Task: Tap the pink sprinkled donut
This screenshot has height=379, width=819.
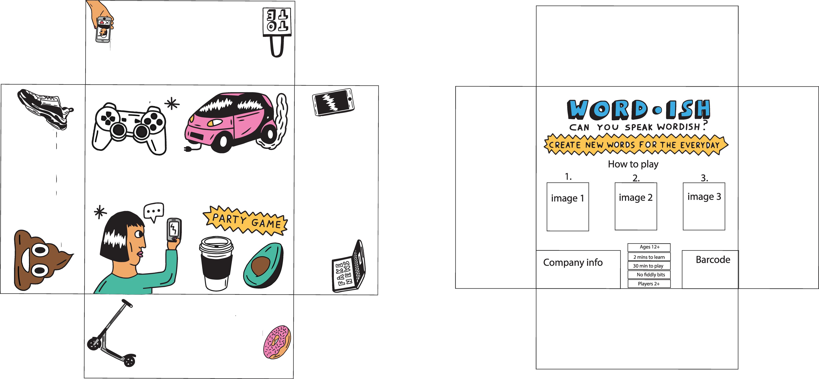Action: click(277, 342)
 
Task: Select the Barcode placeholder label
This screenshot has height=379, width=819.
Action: click(713, 260)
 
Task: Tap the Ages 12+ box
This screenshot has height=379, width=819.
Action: click(649, 247)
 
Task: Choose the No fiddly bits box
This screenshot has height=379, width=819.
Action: click(649, 275)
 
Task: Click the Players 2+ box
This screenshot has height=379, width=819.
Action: click(649, 284)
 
